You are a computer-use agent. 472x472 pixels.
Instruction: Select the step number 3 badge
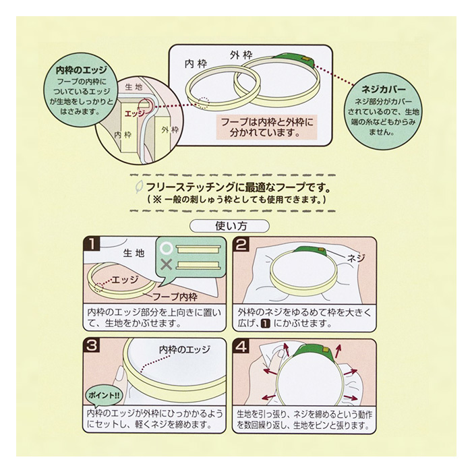point(92,346)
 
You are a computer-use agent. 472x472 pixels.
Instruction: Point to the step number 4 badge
point(243,346)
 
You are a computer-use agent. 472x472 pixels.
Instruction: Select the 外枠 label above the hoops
point(241,54)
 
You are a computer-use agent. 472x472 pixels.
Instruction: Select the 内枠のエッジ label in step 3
point(185,349)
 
